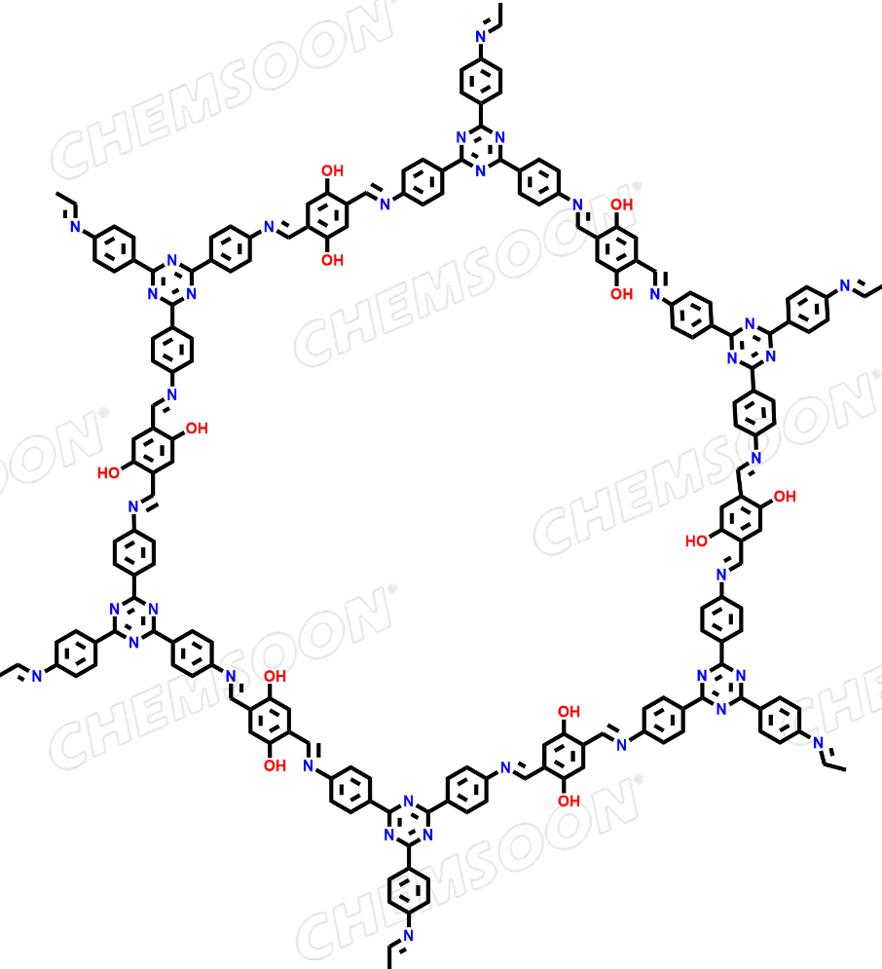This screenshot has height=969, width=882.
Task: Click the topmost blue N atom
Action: [x=481, y=36]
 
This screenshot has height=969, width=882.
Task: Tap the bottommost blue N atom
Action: [x=408, y=936]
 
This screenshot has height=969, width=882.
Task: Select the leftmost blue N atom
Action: [x=36, y=676]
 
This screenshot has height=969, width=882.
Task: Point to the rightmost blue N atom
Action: [x=845, y=285]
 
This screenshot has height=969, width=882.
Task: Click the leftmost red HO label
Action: [x=109, y=472]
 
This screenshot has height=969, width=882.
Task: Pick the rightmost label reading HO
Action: [x=697, y=540]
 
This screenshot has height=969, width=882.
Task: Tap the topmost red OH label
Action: [x=332, y=170]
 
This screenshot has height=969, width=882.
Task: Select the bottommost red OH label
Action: [x=569, y=801]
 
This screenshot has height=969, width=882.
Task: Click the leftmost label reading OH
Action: [x=197, y=429]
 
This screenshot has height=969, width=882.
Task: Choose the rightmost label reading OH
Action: [x=785, y=497]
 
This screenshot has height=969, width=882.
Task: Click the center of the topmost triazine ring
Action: [x=481, y=149]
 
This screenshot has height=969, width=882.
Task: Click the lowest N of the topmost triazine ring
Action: [x=481, y=171]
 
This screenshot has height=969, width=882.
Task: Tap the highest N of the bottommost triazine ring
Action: [x=408, y=801]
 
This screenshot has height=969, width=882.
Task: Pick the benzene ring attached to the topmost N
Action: [x=481, y=81]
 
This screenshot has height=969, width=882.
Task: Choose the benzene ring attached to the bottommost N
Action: [x=408, y=890]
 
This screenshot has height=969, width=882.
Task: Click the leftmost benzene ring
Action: [x=75, y=653]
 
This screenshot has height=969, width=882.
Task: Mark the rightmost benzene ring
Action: [x=808, y=309]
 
